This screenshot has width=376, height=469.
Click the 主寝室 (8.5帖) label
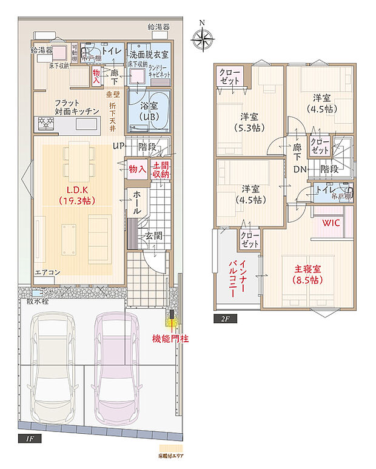(308, 274)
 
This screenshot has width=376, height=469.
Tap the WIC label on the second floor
(331, 223)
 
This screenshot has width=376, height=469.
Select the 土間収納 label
(161, 170)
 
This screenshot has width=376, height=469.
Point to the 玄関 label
(153, 235)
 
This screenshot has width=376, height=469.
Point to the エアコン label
(46, 272)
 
